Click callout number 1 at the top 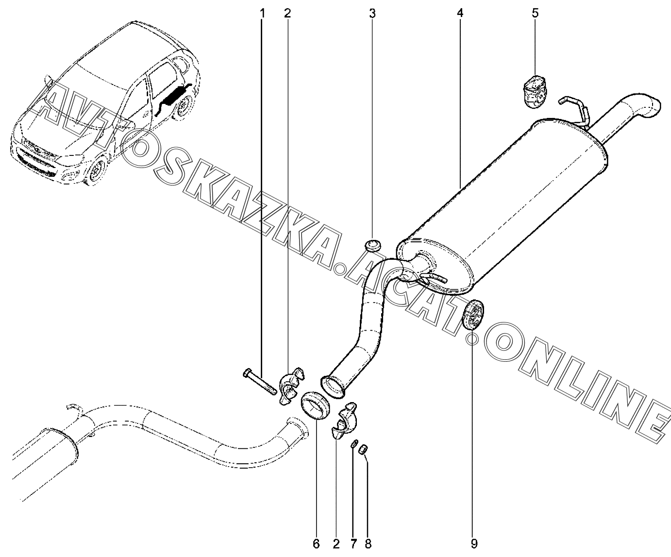[262, 13]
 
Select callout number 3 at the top [372, 13]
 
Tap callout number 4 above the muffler [460, 13]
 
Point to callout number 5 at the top [535, 13]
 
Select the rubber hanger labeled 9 [473, 315]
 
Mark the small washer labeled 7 [355, 443]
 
